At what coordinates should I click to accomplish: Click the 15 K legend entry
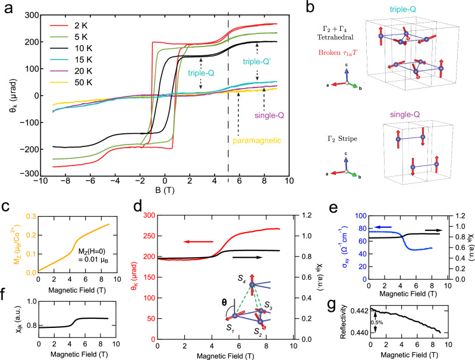click(x=71, y=60)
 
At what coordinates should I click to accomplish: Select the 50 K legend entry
click(x=71, y=83)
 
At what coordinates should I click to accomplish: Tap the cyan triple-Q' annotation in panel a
click(x=257, y=62)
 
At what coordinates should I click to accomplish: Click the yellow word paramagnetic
click(x=257, y=140)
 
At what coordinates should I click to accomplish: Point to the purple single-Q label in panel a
click(x=269, y=115)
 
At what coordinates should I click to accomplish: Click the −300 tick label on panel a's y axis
click(x=30, y=174)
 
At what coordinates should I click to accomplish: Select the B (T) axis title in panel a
click(x=165, y=190)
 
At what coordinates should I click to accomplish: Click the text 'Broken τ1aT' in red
click(x=338, y=52)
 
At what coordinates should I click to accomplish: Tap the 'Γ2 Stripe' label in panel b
click(x=340, y=139)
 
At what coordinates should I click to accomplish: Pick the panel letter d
click(x=138, y=206)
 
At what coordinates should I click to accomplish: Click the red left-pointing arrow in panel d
click(x=198, y=242)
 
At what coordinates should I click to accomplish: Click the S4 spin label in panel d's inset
click(x=242, y=278)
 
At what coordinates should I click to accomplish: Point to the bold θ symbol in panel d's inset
click(x=224, y=302)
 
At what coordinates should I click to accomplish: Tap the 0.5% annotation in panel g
click(x=377, y=323)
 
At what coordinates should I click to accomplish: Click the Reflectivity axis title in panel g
click(x=343, y=322)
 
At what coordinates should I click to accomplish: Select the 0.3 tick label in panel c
click(x=31, y=216)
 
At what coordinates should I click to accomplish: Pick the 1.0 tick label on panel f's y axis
click(x=32, y=301)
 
